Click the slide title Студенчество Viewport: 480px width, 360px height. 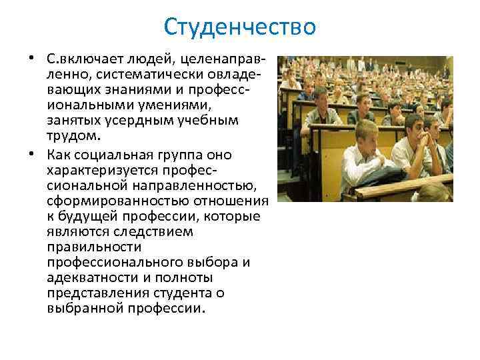(x=239, y=27)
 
